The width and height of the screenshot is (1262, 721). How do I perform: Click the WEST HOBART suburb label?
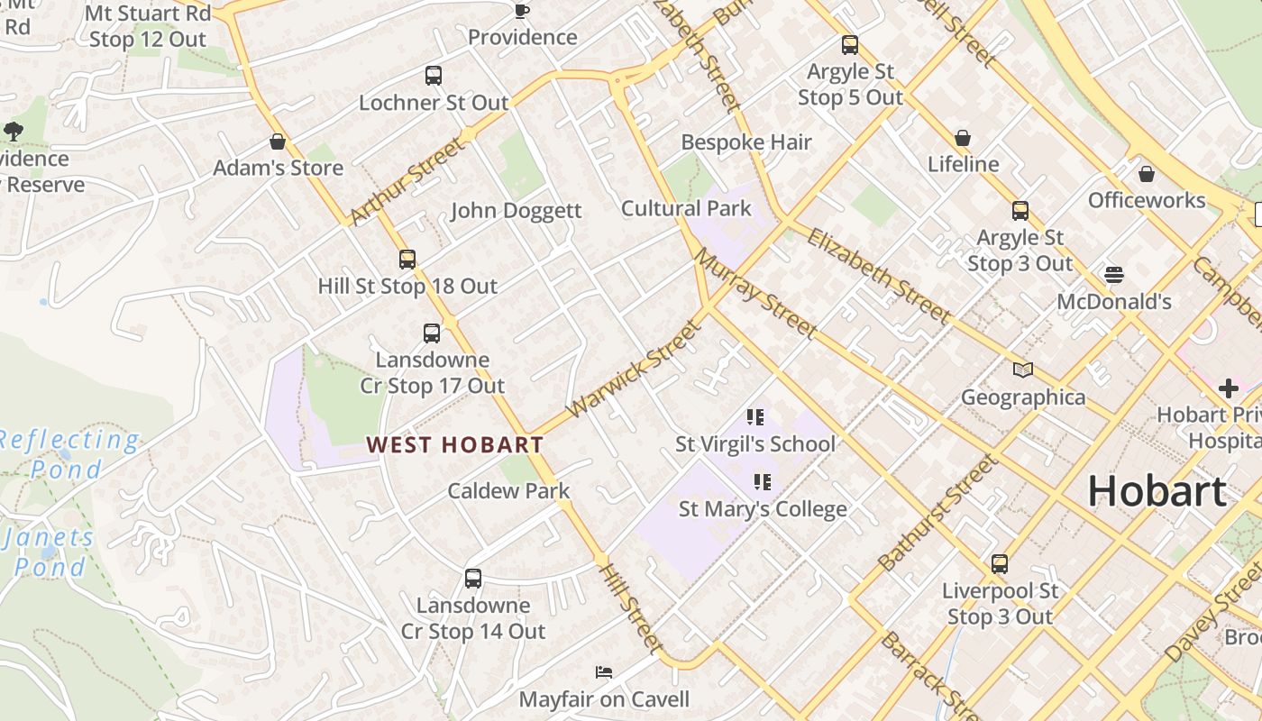click(x=455, y=444)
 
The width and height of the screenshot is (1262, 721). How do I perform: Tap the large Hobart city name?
click(x=1157, y=491)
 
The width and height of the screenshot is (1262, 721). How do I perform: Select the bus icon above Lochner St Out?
click(x=434, y=76)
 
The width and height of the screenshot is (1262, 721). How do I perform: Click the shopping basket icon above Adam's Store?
click(x=278, y=141)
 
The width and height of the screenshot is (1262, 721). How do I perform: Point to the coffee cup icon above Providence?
click(x=521, y=11)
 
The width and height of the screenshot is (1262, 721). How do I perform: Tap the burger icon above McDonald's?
click(x=1114, y=274)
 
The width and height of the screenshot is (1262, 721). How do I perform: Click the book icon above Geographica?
click(x=1023, y=370)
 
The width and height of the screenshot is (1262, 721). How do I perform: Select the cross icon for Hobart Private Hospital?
click(x=1228, y=388)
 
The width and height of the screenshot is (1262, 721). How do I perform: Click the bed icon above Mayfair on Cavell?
click(x=604, y=672)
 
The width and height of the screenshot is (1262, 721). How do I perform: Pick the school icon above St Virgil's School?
click(x=755, y=416)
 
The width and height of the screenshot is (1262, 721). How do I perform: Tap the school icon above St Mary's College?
click(x=763, y=482)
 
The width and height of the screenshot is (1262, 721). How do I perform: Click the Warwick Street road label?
click(x=634, y=370)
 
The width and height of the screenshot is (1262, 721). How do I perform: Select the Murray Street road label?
click(x=755, y=294)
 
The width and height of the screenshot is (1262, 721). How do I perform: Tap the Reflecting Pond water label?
click(x=69, y=454)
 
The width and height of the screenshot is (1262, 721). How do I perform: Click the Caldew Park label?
click(x=508, y=490)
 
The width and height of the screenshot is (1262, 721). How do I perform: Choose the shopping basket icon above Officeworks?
click(x=1147, y=173)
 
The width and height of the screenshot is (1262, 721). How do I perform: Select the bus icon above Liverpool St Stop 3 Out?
click(x=1000, y=564)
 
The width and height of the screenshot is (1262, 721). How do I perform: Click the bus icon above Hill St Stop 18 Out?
click(x=407, y=260)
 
